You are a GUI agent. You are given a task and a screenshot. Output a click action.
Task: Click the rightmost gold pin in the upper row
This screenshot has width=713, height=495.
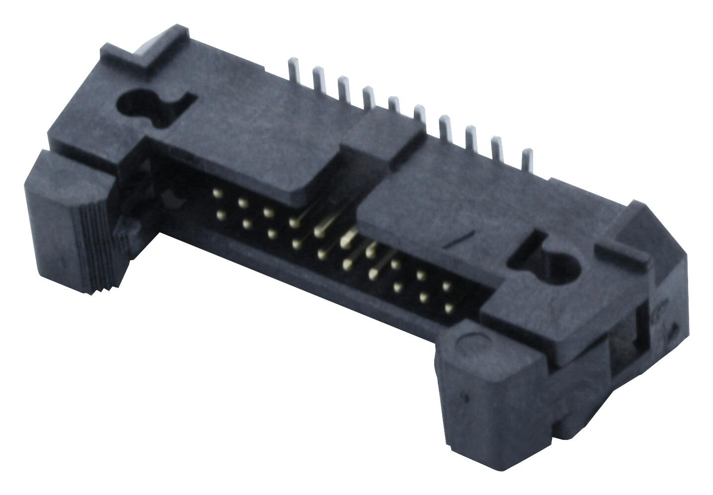(x=447, y=286)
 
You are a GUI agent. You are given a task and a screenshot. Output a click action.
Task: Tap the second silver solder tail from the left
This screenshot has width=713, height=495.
(x=317, y=79)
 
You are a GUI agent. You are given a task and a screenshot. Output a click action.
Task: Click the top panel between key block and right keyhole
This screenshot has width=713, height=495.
(x=447, y=218)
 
